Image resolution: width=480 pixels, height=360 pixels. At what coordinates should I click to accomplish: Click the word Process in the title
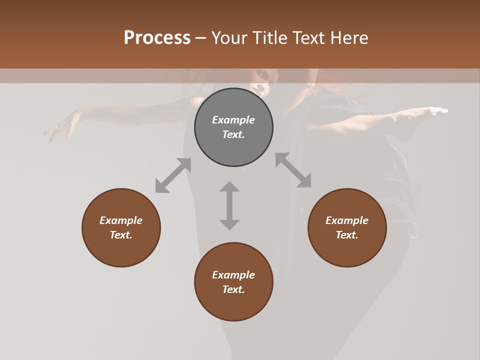coord(157,38)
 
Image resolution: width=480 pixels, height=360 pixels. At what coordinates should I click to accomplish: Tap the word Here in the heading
coord(349,38)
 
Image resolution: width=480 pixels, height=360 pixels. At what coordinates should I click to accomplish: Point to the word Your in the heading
coord(229,38)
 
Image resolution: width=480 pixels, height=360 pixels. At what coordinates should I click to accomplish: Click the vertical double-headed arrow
coord(229,205)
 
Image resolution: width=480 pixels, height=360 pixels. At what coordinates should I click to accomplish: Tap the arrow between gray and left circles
coord(173,175)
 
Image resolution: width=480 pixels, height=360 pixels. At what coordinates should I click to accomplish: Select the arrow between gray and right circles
coord(293,170)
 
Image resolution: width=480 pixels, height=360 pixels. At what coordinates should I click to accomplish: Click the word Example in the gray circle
coord(233,120)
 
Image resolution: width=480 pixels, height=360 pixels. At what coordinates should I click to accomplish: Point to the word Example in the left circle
coord(121,220)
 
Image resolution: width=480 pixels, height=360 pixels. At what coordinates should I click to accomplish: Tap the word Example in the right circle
coord(347,220)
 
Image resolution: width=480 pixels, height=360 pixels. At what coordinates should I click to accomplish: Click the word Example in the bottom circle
coord(233,275)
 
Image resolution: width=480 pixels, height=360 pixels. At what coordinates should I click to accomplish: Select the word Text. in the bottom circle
coord(233,289)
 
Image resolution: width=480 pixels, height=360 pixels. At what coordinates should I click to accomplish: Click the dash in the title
coord(200,38)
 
